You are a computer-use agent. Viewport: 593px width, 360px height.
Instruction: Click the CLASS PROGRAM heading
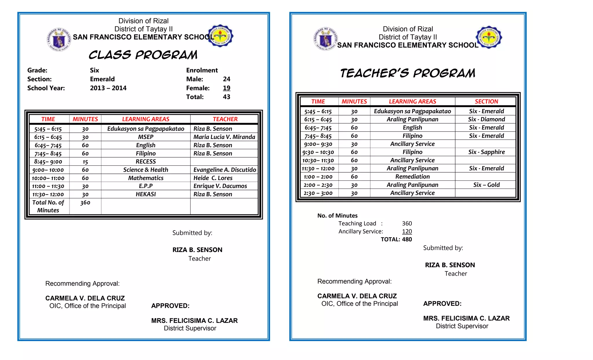tap(143, 55)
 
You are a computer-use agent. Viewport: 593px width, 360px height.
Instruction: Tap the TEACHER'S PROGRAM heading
tap(408, 73)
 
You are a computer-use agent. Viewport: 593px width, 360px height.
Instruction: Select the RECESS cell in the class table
tap(146, 162)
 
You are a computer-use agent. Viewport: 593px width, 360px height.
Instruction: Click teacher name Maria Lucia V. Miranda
tap(224, 137)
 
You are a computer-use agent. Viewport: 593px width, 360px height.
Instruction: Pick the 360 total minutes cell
tap(85, 203)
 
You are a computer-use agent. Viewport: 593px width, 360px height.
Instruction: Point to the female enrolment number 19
tap(226, 88)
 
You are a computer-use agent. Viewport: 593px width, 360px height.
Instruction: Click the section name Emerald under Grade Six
tap(102, 79)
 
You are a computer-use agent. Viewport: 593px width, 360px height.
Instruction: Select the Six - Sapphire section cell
tap(486, 152)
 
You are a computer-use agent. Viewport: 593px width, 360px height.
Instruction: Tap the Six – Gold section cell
tap(486, 185)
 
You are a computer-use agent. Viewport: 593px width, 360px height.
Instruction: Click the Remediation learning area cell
tap(412, 177)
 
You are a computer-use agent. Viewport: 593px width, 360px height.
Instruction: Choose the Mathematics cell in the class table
tap(146, 178)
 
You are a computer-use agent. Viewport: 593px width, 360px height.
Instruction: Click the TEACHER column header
tap(225, 119)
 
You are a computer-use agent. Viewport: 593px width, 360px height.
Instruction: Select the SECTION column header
tap(486, 101)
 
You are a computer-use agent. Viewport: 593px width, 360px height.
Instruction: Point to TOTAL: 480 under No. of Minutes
tap(396, 240)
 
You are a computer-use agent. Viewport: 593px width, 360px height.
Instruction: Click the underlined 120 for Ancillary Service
tap(407, 231)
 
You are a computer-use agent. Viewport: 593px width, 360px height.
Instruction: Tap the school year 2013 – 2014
tap(108, 88)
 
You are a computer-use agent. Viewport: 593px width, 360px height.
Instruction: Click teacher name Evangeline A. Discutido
tap(225, 170)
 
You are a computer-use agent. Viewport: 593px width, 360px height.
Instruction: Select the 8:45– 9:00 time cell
tap(48, 162)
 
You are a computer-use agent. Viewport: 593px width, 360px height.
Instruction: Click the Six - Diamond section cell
tap(486, 119)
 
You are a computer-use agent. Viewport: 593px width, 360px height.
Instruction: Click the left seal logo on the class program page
tap(59, 40)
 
